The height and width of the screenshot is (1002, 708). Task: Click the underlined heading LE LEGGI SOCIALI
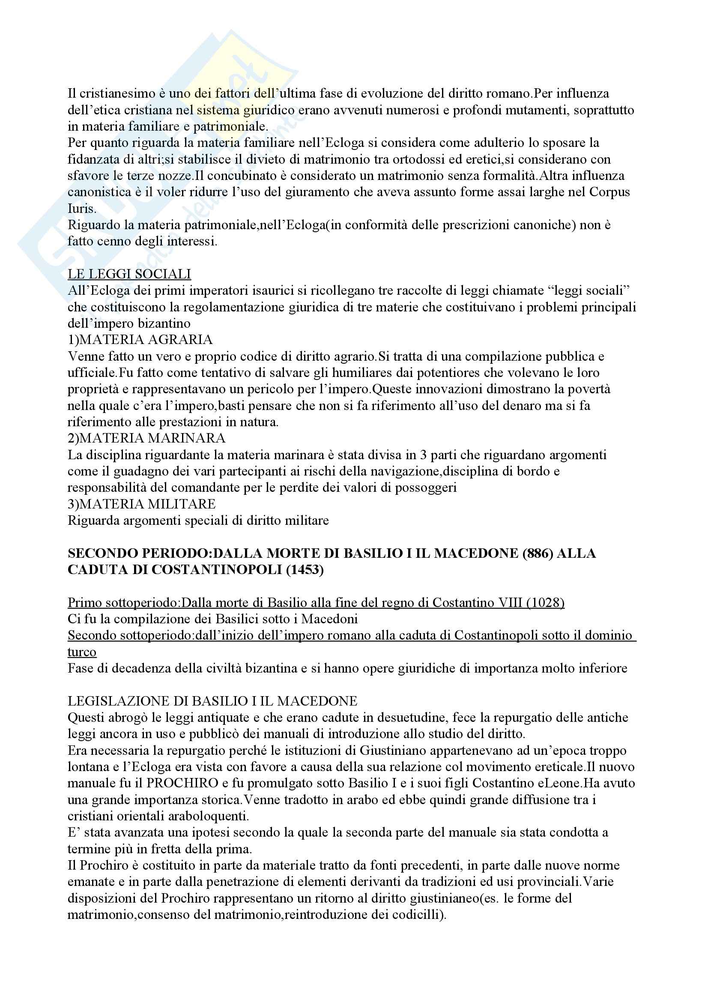[x=129, y=274]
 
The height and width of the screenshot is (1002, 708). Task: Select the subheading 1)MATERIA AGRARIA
[x=140, y=340]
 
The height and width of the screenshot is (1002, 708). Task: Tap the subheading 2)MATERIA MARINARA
[x=146, y=438]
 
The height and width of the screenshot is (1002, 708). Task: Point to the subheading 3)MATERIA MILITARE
[x=141, y=504]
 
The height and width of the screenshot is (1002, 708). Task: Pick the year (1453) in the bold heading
[x=305, y=570]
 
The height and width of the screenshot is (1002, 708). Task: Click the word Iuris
[x=81, y=209]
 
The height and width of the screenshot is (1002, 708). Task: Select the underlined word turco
[x=82, y=652]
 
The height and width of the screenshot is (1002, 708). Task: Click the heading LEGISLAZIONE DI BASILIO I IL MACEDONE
[x=212, y=701]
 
